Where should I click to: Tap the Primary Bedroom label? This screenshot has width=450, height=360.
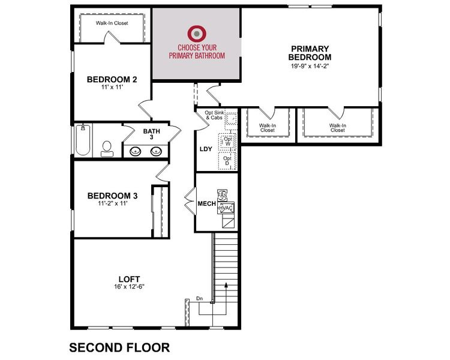coord(310,53)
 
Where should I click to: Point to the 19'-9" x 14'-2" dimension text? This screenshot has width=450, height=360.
coord(310,66)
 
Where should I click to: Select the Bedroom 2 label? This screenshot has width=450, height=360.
coord(112,79)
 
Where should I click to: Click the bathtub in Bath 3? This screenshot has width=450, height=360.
coord(83,140)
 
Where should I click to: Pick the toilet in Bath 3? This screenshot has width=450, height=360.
coord(107,149)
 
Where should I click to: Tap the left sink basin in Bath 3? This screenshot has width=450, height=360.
coord(135,151)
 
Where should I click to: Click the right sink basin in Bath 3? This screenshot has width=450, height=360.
coord(156,151)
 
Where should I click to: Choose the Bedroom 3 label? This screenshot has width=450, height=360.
coord(113,196)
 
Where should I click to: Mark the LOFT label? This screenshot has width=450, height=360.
coord(129,279)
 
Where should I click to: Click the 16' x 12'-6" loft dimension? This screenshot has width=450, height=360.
coord(129,287)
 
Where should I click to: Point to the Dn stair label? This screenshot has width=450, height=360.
coord(199,299)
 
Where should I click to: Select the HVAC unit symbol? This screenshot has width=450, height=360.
coord(226,208)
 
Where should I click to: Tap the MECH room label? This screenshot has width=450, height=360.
coord(206,203)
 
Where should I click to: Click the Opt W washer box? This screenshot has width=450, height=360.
coord(227,141)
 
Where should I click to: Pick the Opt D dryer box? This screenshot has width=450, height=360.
coord(227,161)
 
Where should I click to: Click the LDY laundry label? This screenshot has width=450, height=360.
coord(206,149)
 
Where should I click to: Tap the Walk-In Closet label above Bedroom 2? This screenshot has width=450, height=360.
coord(112,23)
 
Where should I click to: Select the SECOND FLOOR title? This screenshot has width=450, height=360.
coord(119,347)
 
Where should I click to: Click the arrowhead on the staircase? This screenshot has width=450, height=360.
coord(226,284)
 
